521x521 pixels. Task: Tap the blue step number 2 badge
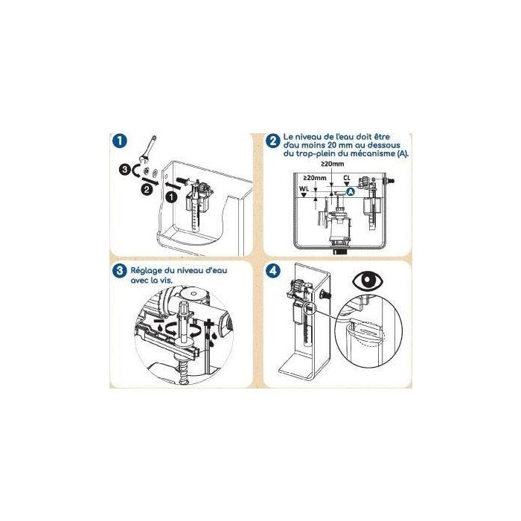click(x=275, y=139)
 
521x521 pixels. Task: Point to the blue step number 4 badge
click(x=275, y=270)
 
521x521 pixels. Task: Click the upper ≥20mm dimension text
click(x=331, y=164)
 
